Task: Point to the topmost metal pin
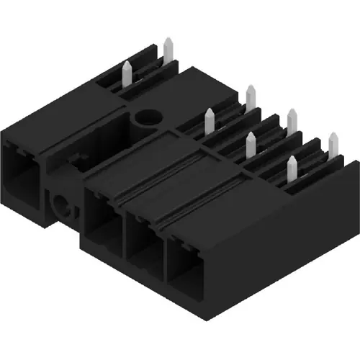(x=167, y=50)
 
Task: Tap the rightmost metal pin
(x=332, y=143)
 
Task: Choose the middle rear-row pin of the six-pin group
(x=292, y=120)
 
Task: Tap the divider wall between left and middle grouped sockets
(x=123, y=227)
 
